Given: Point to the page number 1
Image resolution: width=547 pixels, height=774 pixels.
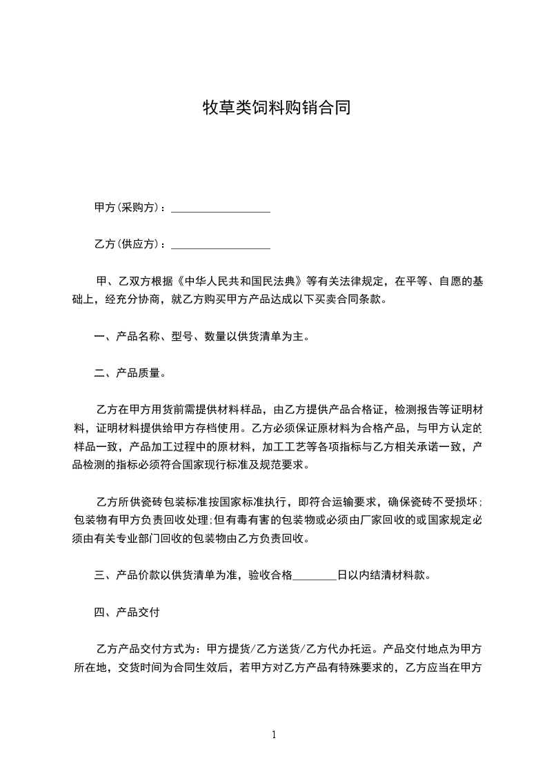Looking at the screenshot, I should click(x=274, y=735).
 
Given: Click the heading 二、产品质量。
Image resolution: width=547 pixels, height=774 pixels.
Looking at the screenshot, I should click(x=130, y=373).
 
